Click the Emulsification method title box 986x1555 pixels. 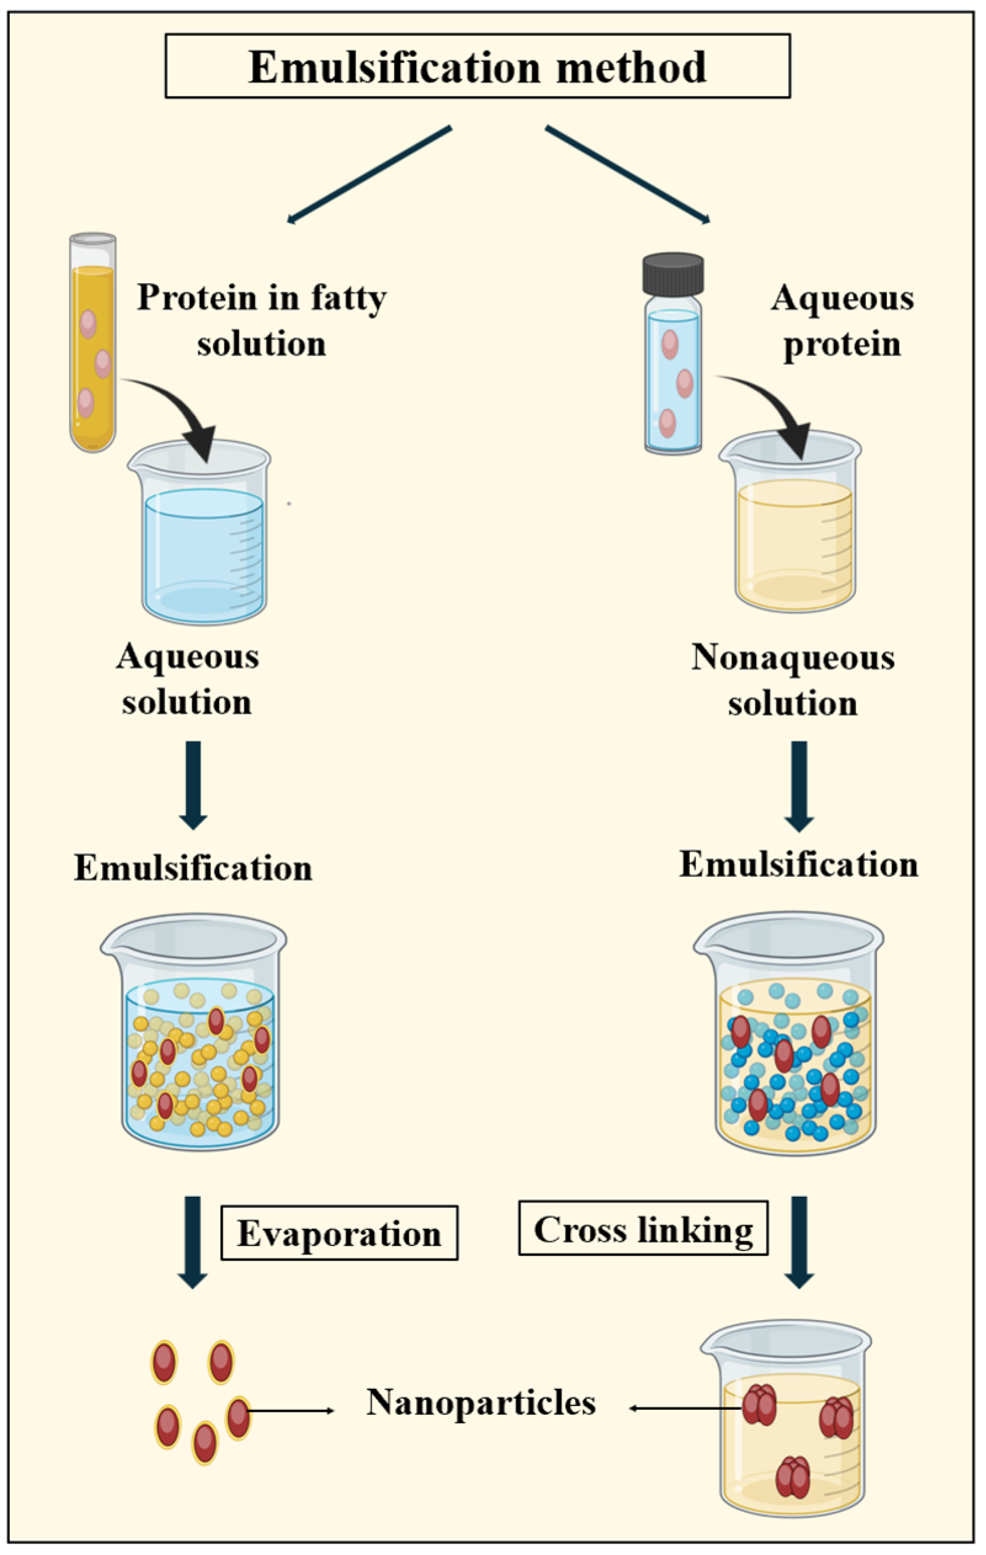click(477, 66)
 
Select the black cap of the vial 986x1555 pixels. click(673, 273)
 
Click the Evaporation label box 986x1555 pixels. click(339, 1233)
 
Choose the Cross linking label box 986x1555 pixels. click(643, 1229)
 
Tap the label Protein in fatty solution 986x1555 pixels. click(262, 321)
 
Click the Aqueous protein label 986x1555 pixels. click(842, 321)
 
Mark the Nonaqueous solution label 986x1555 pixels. click(793, 680)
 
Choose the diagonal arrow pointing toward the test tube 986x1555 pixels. click(369, 175)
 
